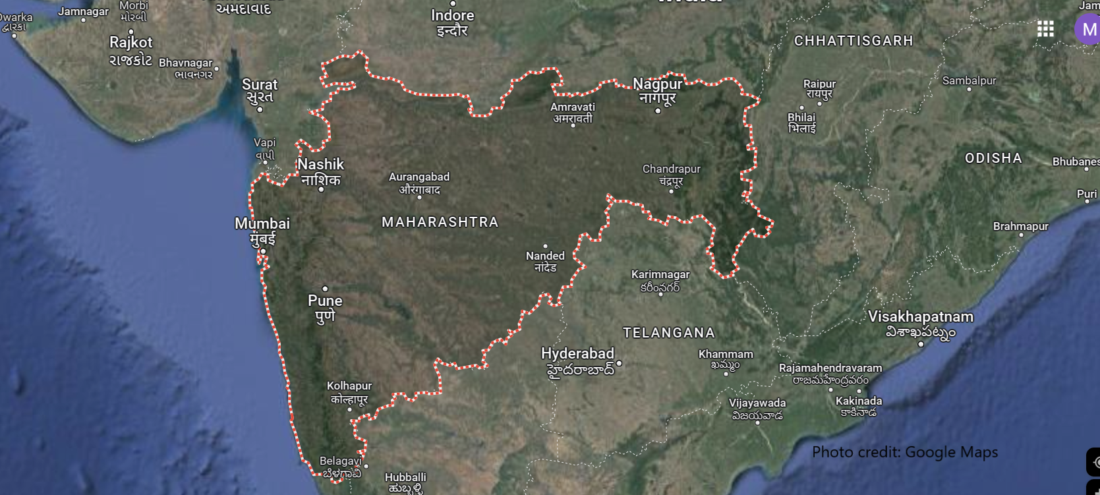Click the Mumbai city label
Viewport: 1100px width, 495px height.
pyautogui.click(x=262, y=224)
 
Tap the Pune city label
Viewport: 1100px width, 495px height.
pyautogui.click(x=325, y=301)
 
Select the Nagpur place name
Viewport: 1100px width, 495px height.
pyautogui.click(x=657, y=84)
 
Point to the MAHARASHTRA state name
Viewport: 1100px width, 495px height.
pyautogui.click(x=440, y=223)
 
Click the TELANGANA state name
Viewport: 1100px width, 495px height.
pyautogui.click(x=669, y=333)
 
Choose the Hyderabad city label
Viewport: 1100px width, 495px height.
pyautogui.click(x=577, y=354)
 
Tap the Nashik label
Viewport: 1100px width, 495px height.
pyautogui.click(x=320, y=165)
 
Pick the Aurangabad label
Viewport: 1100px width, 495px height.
pyautogui.click(x=419, y=177)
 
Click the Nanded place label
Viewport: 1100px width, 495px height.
pyautogui.click(x=545, y=256)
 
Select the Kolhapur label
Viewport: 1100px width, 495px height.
pyautogui.click(x=349, y=386)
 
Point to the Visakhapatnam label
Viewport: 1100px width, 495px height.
pyautogui.click(x=920, y=317)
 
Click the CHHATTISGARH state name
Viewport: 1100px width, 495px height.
pyautogui.click(x=854, y=41)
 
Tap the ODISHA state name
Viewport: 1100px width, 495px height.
pyautogui.click(x=993, y=158)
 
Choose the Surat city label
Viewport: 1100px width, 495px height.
pyautogui.click(x=260, y=85)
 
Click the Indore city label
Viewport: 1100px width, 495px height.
pyautogui.click(x=452, y=16)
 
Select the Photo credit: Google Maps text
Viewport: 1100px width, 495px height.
pyautogui.click(x=904, y=452)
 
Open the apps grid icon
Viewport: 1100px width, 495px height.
pyautogui.click(x=1045, y=29)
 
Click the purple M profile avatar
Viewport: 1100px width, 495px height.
pyautogui.click(x=1088, y=30)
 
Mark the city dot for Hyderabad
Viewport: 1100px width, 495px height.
pyautogui.click(x=619, y=363)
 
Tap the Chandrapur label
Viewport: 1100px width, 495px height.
pyautogui.click(x=671, y=169)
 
